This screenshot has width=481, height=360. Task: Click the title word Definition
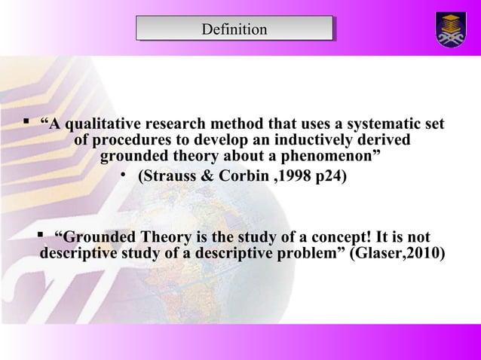[234, 29]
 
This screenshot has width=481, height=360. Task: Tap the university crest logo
[451, 29]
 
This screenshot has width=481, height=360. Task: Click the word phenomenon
[322, 157]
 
